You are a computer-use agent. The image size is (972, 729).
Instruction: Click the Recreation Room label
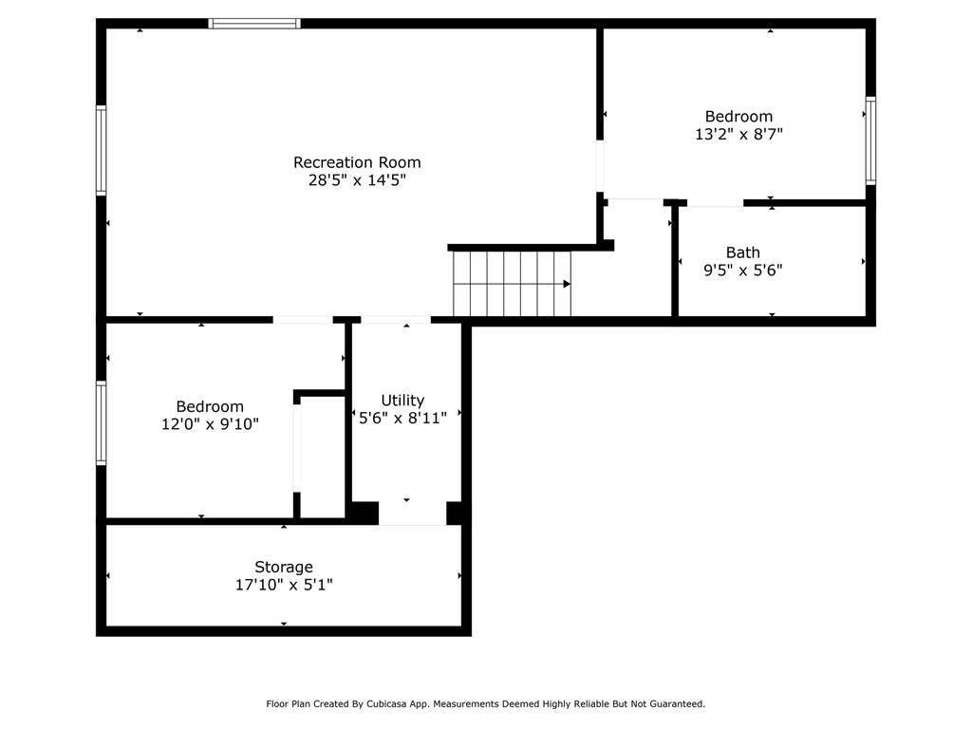pyautogui.click(x=357, y=162)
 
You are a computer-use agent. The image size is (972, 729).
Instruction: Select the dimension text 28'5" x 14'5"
pyautogui.click(x=357, y=180)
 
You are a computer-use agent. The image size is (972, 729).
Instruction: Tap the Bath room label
pyautogui.click(x=742, y=252)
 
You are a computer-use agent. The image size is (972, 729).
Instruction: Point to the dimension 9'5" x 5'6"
pyautogui.click(x=742, y=271)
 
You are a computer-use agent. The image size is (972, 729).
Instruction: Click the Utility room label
pyautogui.click(x=402, y=401)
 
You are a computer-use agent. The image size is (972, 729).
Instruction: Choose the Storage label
pyautogui.click(x=283, y=568)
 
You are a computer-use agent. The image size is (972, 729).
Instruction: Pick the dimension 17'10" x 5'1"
pyautogui.click(x=283, y=585)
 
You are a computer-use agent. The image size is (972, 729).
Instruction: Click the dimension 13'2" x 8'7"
pyautogui.click(x=738, y=134)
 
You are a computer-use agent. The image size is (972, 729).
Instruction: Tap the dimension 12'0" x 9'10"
pyautogui.click(x=210, y=424)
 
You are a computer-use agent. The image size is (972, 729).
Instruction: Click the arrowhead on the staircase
pyautogui.click(x=567, y=284)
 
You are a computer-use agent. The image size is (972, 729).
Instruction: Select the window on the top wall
pyautogui.click(x=254, y=24)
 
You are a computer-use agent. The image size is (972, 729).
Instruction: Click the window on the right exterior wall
pyautogui.click(x=871, y=140)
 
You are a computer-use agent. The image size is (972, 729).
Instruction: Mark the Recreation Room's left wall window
pyautogui.click(x=101, y=151)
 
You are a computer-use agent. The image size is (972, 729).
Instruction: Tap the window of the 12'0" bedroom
pyautogui.click(x=101, y=422)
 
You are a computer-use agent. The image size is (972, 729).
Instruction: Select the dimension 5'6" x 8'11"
pyautogui.click(x=402, y=418)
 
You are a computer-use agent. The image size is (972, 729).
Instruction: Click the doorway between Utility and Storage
pyautogui.click(x=412, y=514)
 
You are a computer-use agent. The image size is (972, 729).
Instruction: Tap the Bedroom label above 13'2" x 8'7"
pyautogui.click(x=738, y=117)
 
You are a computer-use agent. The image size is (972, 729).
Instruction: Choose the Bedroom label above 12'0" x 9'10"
pyautogui.click(x=210, y=406)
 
